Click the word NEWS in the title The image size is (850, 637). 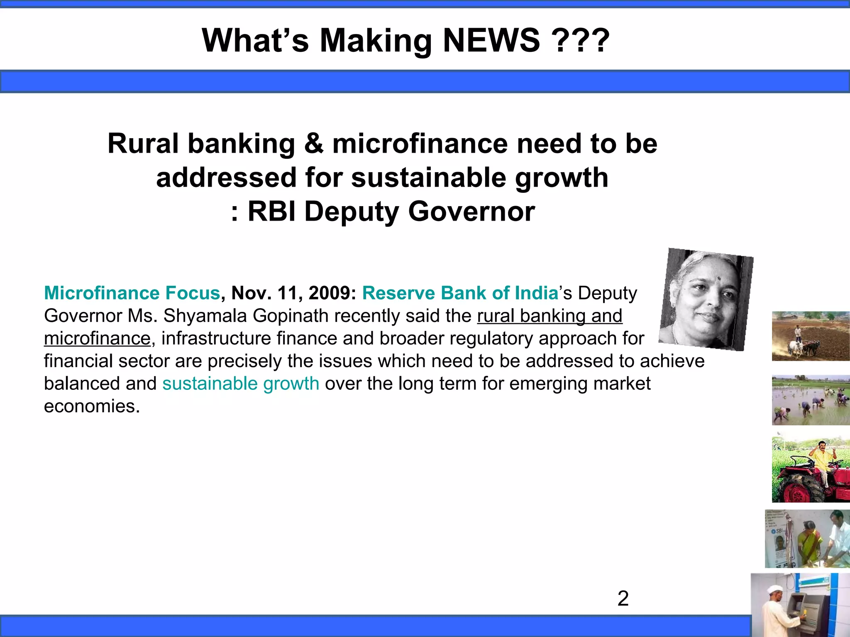coord(491,41)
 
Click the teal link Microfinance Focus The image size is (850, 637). coord(132,293)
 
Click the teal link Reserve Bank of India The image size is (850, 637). coord(460,293)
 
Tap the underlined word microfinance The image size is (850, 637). coord(97,338)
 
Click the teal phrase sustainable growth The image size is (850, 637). coord(241,384)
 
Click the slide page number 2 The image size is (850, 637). coord(623,598)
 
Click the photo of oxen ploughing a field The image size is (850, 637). coord(810,336)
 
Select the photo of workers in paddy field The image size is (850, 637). coord(810,400)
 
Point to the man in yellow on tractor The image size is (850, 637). coord(821,460)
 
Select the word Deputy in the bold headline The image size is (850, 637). coord(351,212)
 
